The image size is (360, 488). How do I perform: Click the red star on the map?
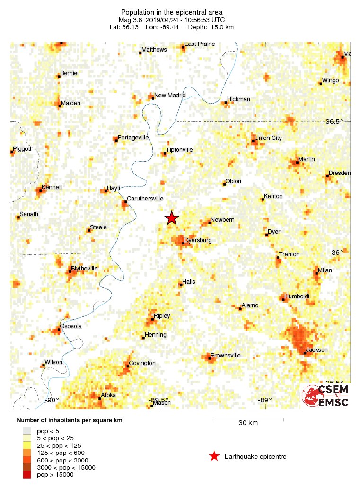coord(172,218)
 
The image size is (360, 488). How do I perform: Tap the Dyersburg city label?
coord(198,241)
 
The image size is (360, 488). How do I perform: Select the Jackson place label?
coord(317,350)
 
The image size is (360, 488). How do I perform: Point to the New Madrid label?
coord(170,96)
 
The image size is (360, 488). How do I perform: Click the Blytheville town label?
coord(84,269)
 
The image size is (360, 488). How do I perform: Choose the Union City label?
coord(268,138)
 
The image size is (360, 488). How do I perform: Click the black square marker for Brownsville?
coord(210,358)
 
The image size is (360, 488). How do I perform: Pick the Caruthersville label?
coord(145,199)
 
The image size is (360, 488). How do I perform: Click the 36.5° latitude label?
coord(334,122)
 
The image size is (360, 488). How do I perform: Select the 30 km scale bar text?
coord(248,423)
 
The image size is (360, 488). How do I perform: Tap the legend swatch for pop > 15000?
coord(27,474)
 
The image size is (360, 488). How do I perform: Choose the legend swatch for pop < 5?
coord(27,431)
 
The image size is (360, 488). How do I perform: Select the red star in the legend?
coord(214,456)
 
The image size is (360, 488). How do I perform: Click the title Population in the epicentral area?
coord(172,12)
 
